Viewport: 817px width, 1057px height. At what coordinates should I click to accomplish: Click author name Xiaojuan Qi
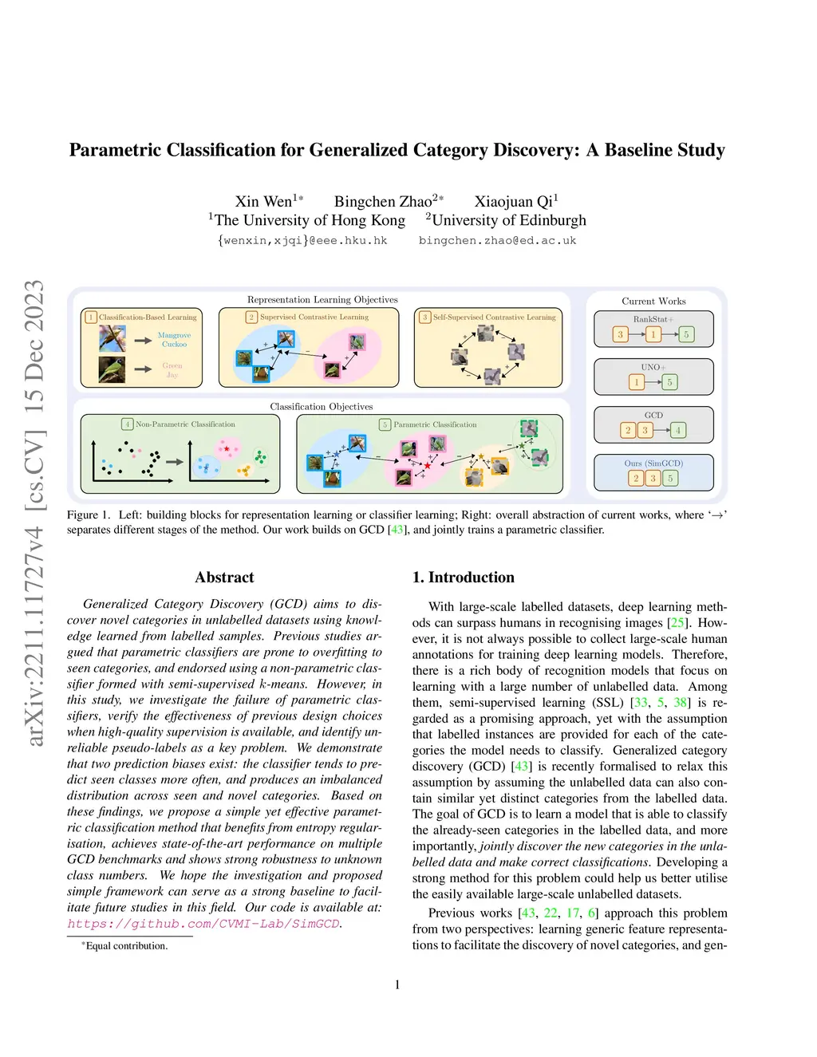(515, 201)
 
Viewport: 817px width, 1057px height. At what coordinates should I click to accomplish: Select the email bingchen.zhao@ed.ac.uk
(497, 240)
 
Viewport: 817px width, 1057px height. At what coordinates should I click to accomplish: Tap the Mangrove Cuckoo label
(174, 340)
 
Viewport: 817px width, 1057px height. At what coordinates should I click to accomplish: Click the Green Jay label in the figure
(172, 370)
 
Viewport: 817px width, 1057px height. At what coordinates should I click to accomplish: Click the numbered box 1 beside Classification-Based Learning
(91, 317)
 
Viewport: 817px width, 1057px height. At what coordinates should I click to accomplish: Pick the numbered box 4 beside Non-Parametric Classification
(128, 424)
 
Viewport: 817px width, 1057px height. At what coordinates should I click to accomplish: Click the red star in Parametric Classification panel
(428, 464)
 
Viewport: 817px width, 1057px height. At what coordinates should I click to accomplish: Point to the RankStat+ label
(653, 319)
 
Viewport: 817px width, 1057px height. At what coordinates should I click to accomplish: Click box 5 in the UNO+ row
(669, 382)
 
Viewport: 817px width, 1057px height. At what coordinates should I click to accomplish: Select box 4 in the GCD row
(677, 430)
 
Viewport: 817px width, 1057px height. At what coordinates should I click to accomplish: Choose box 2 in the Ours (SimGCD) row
(636, 478)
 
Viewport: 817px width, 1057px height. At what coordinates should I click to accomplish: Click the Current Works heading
(653, 301)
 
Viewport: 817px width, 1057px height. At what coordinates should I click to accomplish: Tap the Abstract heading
(224, 577)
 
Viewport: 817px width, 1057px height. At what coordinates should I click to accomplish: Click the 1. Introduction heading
(463, 577)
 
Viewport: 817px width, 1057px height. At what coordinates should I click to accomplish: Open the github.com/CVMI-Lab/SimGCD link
(203, 924)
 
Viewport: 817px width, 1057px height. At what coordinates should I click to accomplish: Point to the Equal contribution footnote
(126, 946)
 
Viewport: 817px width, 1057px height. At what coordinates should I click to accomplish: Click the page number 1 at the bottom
(397, 984)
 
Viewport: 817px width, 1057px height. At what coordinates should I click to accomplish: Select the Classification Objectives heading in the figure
(321, 406)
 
